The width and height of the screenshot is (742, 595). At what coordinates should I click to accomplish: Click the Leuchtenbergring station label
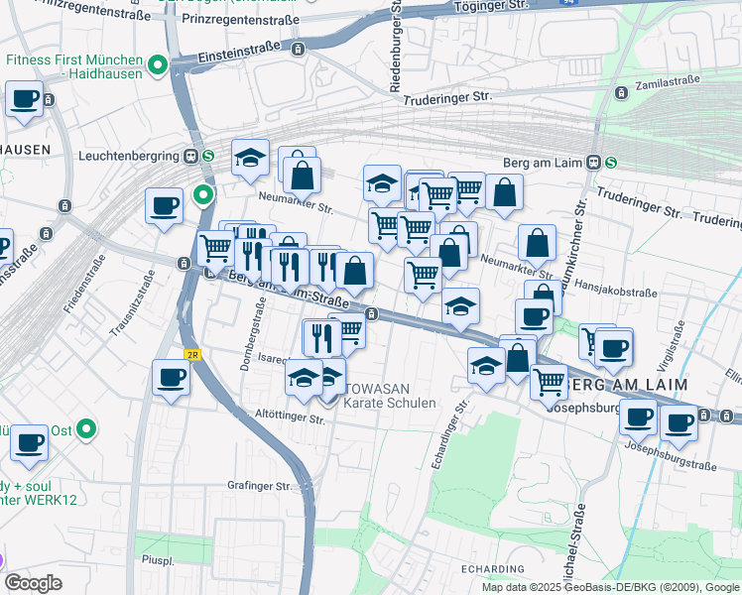pyautogui.click(x=127, y=156)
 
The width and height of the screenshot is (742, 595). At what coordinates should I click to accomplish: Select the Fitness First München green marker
pyautogui.click(x=156, y=66)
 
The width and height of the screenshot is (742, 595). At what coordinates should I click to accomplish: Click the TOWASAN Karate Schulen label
pyautogui.click(x=389, y=396)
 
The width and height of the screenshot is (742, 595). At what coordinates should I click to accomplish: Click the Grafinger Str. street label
pyautogui.click(x=259, y=486)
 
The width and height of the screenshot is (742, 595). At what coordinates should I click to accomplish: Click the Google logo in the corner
pyautogui.click(x=33, y=583)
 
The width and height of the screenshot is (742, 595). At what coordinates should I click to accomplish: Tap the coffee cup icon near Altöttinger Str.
pyautogui.click(x=171, y=378)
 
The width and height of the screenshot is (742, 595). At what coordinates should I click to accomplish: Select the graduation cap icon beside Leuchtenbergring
pyautogui.click(x=251, y=157)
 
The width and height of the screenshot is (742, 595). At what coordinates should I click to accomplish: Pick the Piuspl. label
pyautogui.click(x=159, y=558)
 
